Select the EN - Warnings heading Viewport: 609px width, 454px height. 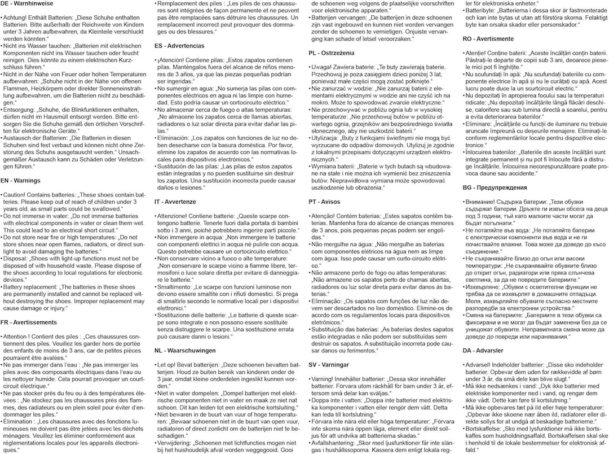coord(20,181)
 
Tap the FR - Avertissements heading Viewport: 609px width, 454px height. coord(29,322)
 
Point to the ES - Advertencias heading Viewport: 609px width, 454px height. coord(179,45)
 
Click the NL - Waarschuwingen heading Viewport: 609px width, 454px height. coord(184,350)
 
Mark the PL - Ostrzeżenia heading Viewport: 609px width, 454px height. coord(334,53)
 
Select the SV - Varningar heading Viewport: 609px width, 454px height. coord(330,365)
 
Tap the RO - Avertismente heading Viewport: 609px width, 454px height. coord(488,39)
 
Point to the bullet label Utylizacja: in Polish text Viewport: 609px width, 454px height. coord(328,137)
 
